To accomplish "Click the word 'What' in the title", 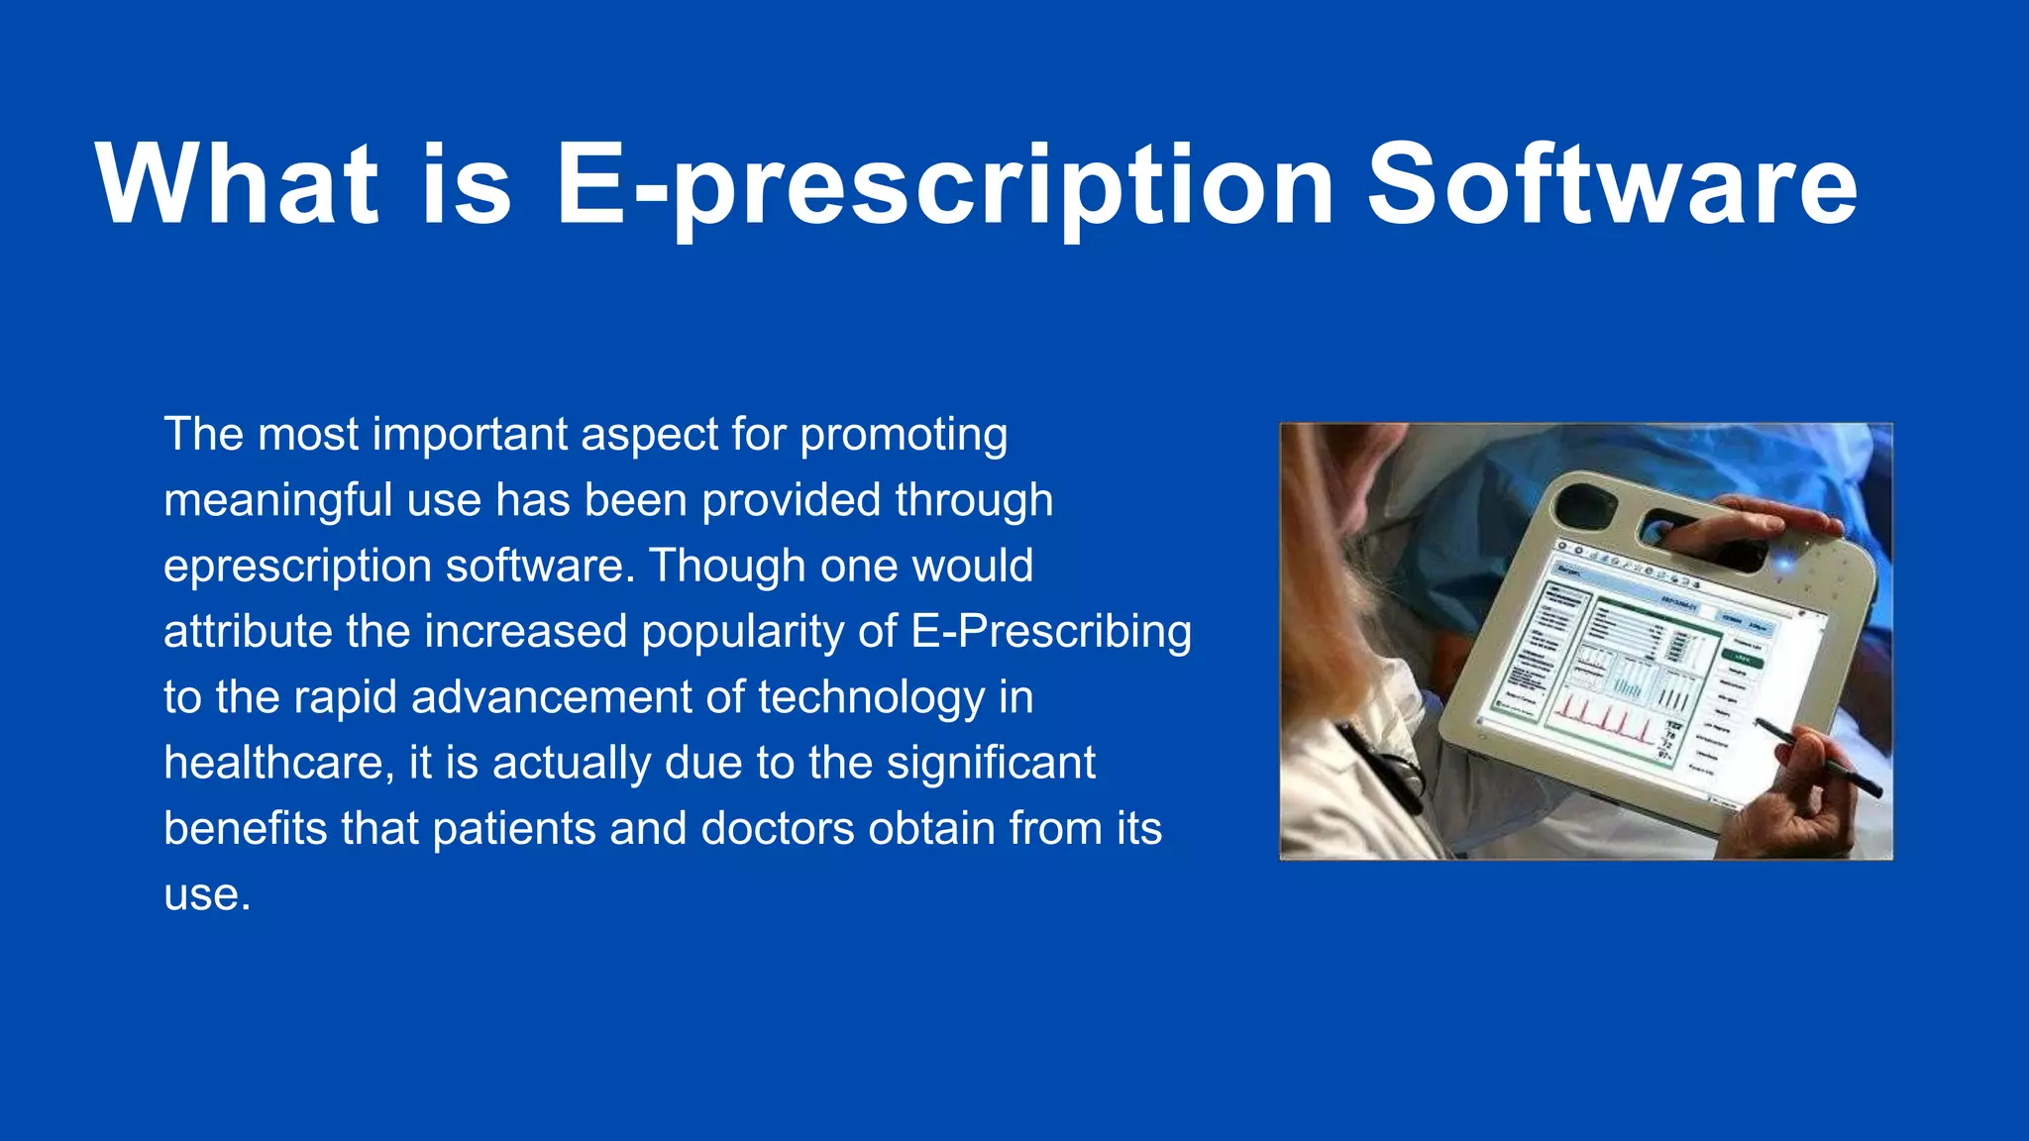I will click(x=238, y=184).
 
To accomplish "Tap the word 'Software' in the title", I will click(x=1612, y=184).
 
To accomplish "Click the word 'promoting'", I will click(x=904, y=436).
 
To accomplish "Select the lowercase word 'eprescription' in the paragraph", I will click(x=297, y=568).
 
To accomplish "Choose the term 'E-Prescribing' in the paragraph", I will click(x=1050, y=633).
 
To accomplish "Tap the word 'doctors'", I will click(x=778, y=829).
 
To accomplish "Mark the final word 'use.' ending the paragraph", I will click(x=207, y=895).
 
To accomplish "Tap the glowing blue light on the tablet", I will click(x=1784, y=565).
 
